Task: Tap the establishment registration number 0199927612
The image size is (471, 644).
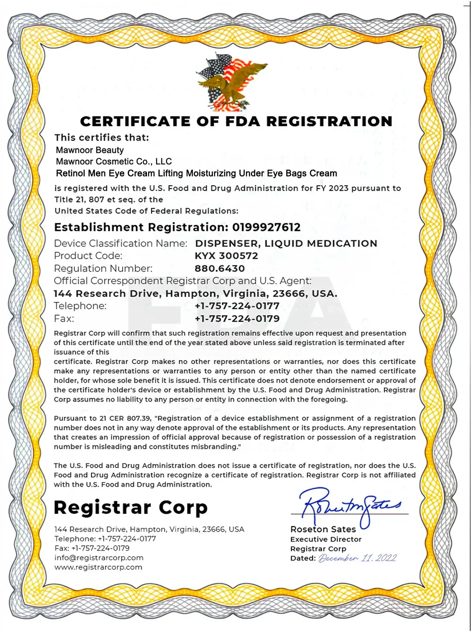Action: [x=266, y=227]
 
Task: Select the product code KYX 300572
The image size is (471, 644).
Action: [x=226, y=256]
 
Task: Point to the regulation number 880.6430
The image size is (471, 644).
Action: [x=220, y=269]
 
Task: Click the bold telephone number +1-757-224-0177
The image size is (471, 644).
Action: [x=237, y=306]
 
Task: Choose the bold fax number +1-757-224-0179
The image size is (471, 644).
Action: [x=237, y=319]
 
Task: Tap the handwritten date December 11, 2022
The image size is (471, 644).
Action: [x=357, y=558]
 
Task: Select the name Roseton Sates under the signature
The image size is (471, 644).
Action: [x=323, y=529]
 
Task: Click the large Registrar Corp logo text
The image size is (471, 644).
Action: [x=130, y=507]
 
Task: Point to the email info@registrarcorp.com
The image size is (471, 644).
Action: [x=99, y=558]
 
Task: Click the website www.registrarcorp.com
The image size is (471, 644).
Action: [x=98, y=567]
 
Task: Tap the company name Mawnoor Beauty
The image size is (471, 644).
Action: [x=90, y=150]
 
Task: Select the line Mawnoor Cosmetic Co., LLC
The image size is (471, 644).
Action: [x=114, y=162]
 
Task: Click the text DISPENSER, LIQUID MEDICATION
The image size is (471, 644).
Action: [x=286, y=244]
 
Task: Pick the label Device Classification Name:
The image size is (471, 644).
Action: [x=120, y=244]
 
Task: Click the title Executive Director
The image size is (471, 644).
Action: [x=326, y=539]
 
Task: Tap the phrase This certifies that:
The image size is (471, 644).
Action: [x=102, y=138]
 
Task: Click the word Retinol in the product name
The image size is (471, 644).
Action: [x=71, y=173]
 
